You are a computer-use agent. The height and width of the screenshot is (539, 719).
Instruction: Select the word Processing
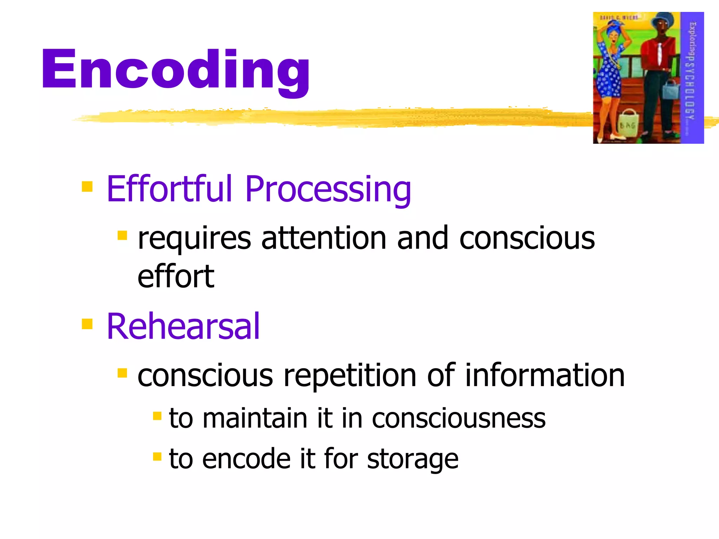click(328, 189)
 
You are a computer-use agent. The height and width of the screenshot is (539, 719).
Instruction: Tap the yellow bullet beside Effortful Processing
click(87, 186)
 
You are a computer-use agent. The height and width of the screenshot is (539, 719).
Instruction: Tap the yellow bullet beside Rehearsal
click(87, 324)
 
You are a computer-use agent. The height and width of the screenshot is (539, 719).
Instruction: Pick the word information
click(545, 375)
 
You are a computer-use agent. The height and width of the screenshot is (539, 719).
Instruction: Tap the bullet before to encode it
click(157, 457)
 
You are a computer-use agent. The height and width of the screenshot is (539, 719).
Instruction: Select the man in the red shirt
click(658, 70)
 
